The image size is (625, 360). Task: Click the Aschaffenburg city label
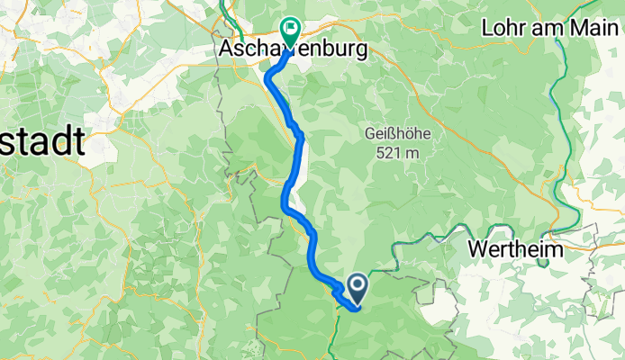coord(294,51)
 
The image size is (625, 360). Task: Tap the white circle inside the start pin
coord(357,287)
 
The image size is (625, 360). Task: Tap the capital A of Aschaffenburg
coord(227,51)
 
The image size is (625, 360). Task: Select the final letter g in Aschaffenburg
coord(361,53)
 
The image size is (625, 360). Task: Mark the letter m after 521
coord(414,154)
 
